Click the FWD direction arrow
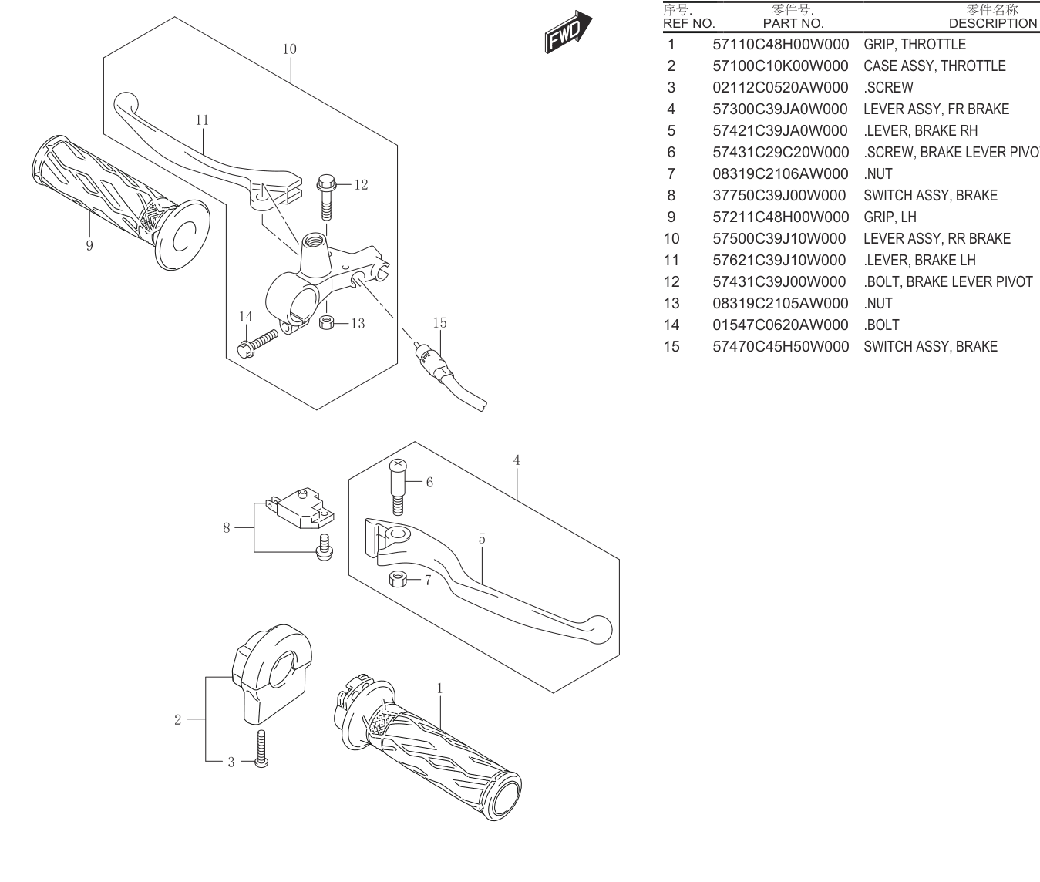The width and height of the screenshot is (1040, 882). pos(568,32)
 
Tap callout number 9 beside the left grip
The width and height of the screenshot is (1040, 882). pos(89,245)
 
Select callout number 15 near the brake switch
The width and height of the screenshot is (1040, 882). pos(439,322)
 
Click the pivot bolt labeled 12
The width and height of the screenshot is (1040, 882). pos(327,197)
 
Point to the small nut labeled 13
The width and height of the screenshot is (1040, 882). pos(327,322)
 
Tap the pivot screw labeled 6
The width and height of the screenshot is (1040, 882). pos(398,487)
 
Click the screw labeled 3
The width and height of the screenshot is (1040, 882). pos(261,749)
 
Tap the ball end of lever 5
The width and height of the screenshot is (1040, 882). pos(600,629)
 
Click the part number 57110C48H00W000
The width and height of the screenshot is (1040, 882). pos(780,44)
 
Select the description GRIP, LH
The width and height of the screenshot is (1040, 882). pos(890,217)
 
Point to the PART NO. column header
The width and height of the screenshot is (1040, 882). pos(793,23)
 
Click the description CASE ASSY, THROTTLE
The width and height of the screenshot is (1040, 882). pos(934,66)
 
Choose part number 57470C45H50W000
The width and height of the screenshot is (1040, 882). pos(780,347)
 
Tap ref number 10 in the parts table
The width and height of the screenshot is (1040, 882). pos(671,238)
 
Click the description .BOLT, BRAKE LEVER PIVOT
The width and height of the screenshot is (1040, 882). pos(948,281)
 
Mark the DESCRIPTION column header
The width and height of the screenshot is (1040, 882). pos(992,23)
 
